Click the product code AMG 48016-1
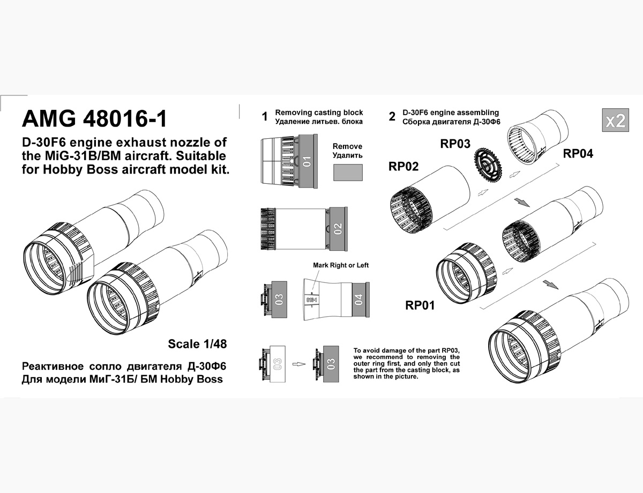(x=95, y=118)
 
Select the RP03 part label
(x=455, y=144)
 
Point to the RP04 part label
(x=578, y=154)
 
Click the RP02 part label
(x=403, y=166)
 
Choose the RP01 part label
(x=420, y=305)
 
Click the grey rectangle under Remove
(x=348, y=173)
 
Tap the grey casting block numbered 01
(x=308, y=161)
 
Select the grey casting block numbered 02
(x=338, y=229)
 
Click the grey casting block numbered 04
(x=360, y=300)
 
